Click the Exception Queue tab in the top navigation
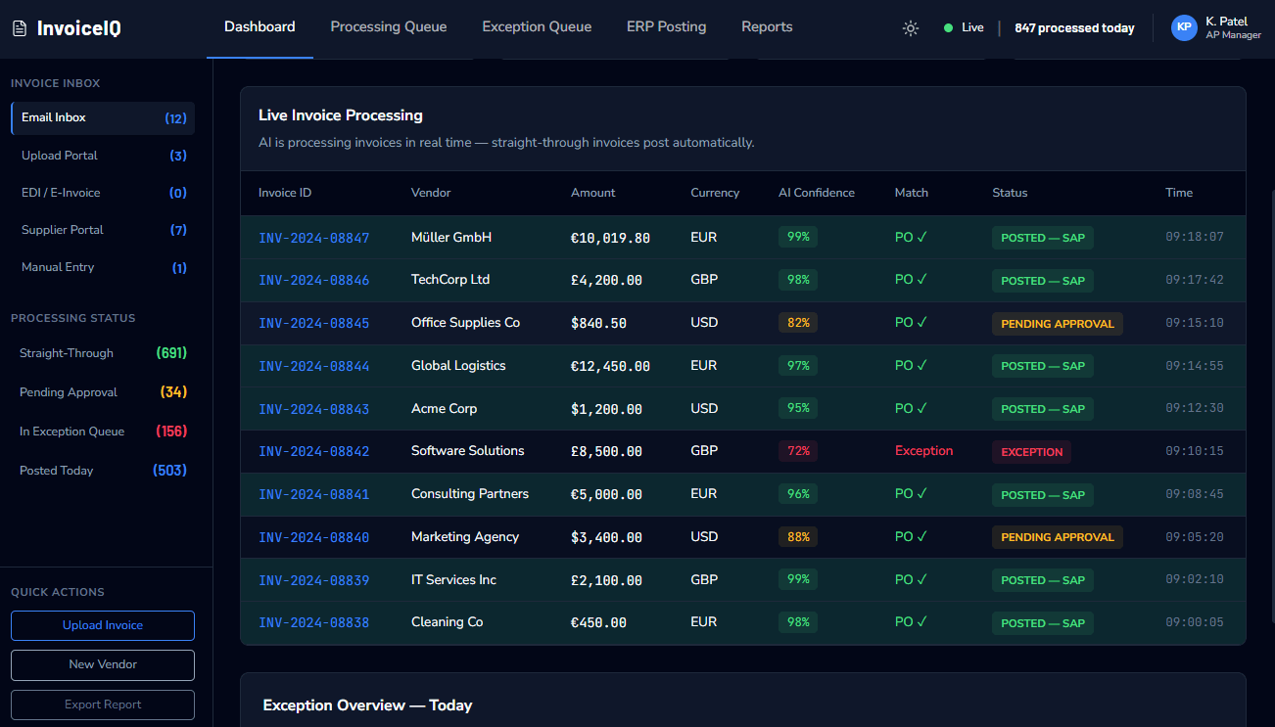[x=537, y=26]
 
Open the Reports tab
[x=767, y=26]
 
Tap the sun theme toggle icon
[x=910, y=27]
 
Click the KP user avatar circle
[x=1184, y=27]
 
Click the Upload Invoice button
[x=103, y=625]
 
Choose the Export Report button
[x=103, y=704]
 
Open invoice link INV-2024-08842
[x=313, y=451]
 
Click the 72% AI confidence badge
[x=798, y=451]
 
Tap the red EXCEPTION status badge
[x=1031, y=452]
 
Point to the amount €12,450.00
[x=610, y=366]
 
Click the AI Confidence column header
[x=817, y=193]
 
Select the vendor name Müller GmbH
[x=450, y=237]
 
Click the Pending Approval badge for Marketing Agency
[x=1057, y=537]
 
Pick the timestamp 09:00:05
[x=1194, y=622]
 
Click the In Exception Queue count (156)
[x=171, y=432]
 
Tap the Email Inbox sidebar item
[x=103, y=117]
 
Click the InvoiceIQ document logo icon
[x=20, y=27]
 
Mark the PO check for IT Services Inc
[x=911, y=579]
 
